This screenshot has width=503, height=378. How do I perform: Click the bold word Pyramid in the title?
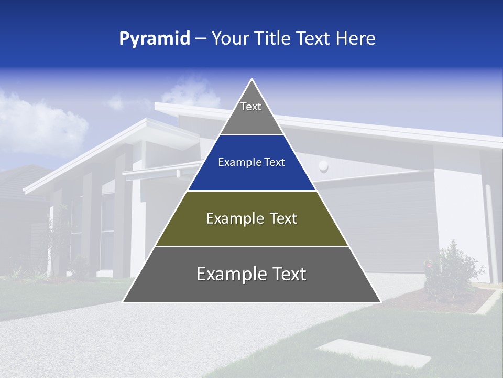[155, 39]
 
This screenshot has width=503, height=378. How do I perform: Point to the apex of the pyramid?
[251, 79]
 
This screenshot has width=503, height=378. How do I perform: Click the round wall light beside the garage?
[323, 166]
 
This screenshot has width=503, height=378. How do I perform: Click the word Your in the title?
[231, 38]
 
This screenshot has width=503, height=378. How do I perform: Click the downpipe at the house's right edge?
[489, 226]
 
